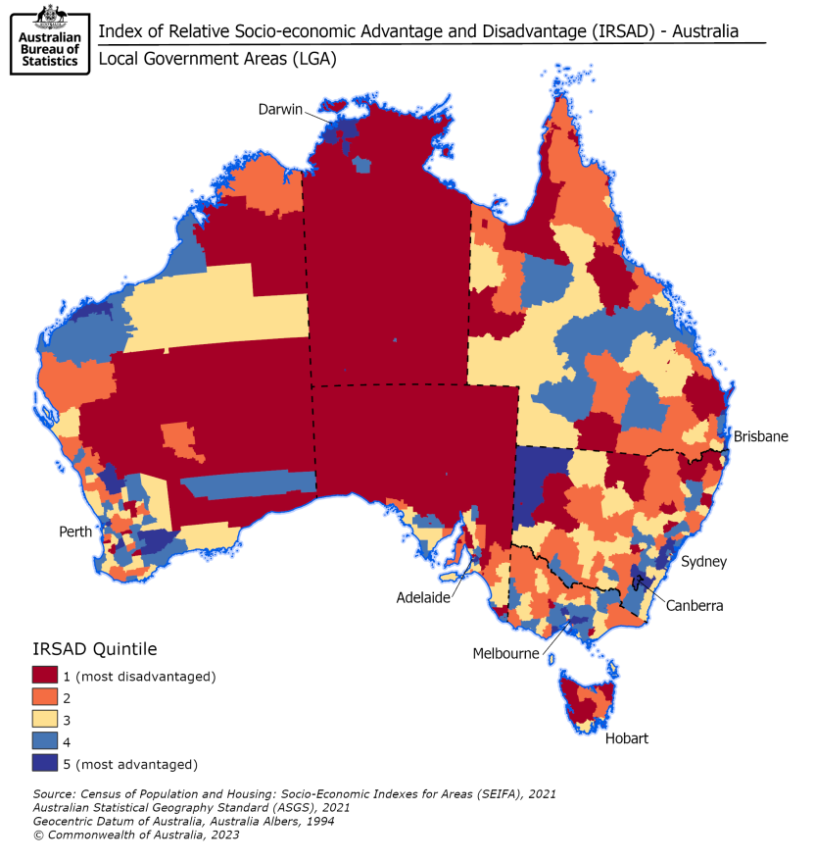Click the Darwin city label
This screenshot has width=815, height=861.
280,109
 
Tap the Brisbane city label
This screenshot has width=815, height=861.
760,436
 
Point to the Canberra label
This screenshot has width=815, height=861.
695,606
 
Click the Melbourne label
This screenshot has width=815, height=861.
505,653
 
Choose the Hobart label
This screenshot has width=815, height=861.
626,738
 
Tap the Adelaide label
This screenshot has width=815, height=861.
423,596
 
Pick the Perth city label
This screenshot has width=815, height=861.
73,532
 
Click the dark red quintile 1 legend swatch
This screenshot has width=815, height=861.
47,676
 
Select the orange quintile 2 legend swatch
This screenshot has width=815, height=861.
47,698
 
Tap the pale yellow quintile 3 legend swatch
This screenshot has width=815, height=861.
47,720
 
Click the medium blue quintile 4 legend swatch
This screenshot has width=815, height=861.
47,742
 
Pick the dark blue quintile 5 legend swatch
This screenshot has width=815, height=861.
47,764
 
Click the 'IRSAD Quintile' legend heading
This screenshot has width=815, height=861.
94,648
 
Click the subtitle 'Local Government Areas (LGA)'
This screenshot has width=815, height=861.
216,59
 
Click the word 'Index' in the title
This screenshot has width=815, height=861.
120,30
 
